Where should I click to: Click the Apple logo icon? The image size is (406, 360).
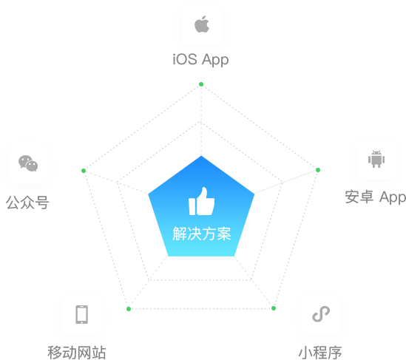202,24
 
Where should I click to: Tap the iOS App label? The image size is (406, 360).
200,60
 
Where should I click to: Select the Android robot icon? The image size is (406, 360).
376,159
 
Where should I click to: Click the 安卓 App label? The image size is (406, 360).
376,197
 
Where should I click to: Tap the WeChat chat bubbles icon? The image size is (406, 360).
28,163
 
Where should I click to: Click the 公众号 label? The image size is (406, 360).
27,203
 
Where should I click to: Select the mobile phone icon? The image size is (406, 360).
82,314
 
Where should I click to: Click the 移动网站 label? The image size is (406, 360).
77,352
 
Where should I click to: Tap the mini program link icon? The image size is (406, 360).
321,314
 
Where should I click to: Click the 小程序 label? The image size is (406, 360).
320,352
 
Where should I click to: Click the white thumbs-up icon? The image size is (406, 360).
202,201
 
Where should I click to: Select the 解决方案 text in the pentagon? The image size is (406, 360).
202,234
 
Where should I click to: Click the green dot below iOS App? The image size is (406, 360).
201,84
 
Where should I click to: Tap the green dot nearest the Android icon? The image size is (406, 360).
318,170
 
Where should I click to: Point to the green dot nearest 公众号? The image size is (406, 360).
84,171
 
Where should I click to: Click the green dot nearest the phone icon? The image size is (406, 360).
129,309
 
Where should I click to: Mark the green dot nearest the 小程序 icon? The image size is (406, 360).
274,308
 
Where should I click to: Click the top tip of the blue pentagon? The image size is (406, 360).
201,156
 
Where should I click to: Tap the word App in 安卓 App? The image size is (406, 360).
393,197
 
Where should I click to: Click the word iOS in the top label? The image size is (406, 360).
185,59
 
